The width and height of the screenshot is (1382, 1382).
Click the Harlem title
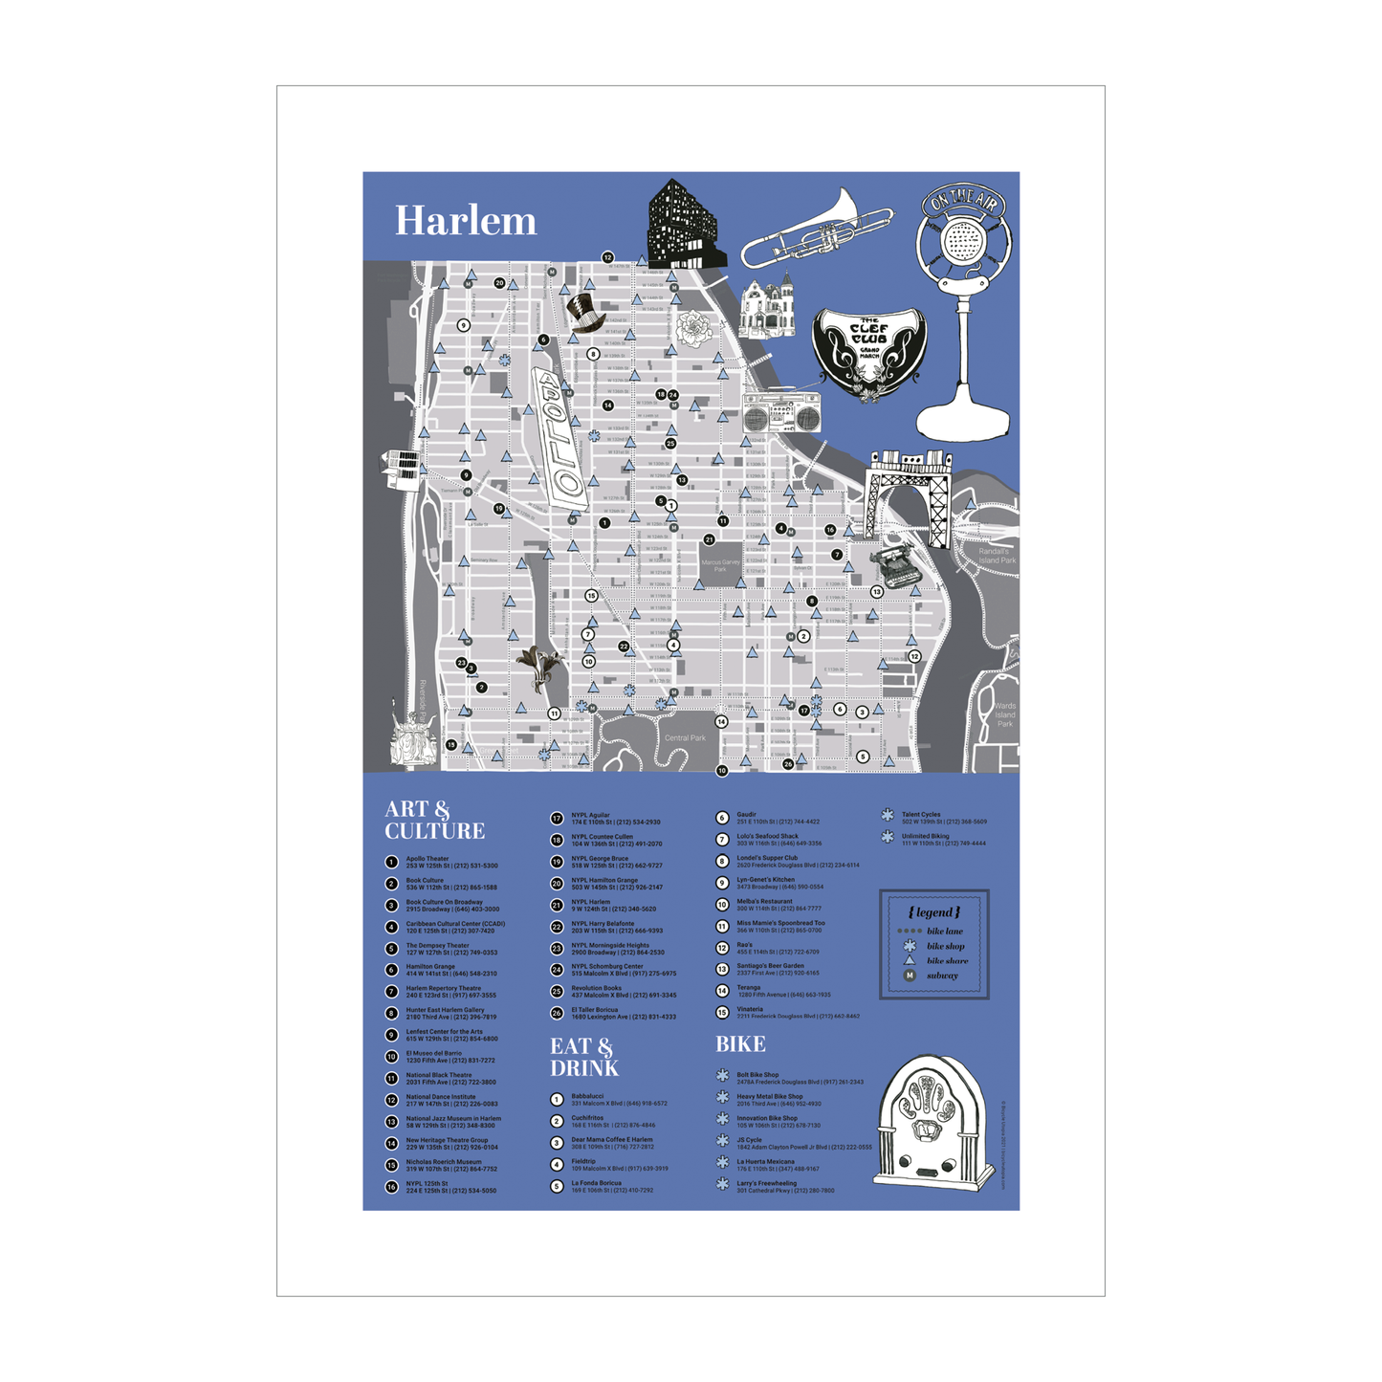click(466, 221)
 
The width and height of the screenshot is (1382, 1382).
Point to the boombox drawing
click(781, 413)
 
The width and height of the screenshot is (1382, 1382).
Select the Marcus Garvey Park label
click(720, 565)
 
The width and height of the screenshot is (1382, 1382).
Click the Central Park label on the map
click(685, 737)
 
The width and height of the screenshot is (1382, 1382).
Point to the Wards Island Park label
click(1004, 714)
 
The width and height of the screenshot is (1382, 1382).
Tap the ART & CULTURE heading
click(434, 821)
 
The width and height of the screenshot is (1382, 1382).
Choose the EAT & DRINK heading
click(583, 1057)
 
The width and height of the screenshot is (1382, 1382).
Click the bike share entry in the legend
click(946, 960)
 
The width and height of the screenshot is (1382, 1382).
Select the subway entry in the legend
click(941, 976)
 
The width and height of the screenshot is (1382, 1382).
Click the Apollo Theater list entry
click(450, 862)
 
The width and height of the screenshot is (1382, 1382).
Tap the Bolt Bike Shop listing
click(799, 1078)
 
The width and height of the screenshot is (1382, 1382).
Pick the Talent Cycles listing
click(943, 818)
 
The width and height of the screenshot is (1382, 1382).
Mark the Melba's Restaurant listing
click(778, 905)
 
